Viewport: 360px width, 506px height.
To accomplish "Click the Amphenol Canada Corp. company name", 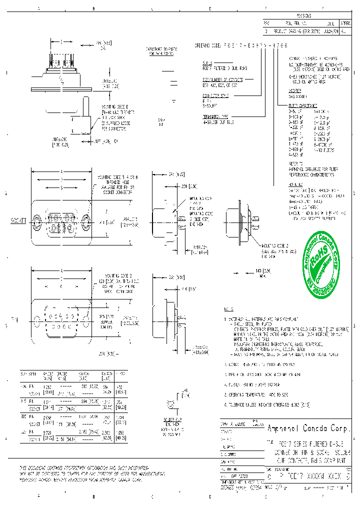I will [x=310, y=428].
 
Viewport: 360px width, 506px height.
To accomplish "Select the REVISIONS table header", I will [x=306, y=16].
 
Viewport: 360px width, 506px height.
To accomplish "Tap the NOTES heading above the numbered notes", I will [x=229, y=308].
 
